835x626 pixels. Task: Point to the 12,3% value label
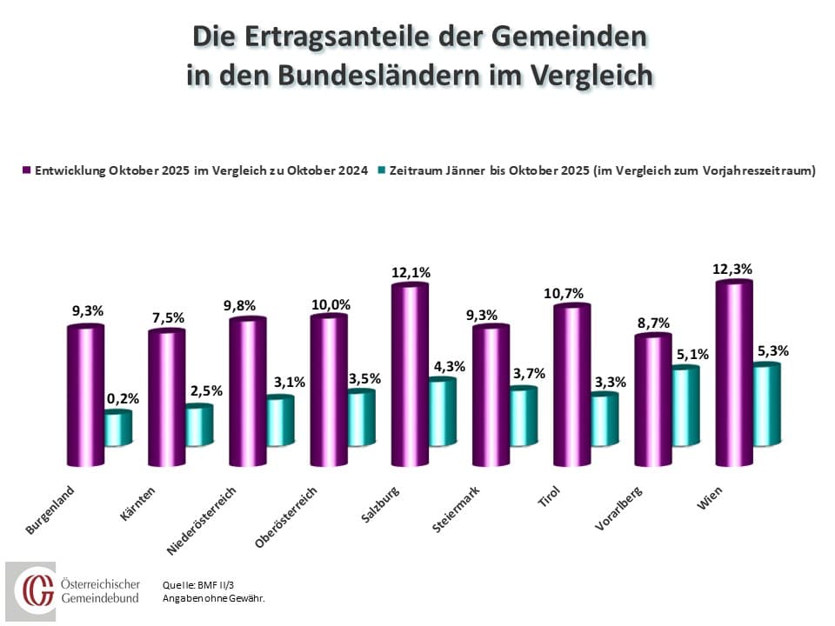(734, 269)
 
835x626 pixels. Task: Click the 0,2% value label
(123, 399)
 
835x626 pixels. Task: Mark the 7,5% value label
(167, 317)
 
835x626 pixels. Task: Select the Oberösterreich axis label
(285, 519)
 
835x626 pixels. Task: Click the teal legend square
(383, 171)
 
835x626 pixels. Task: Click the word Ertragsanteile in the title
(349, 37)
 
